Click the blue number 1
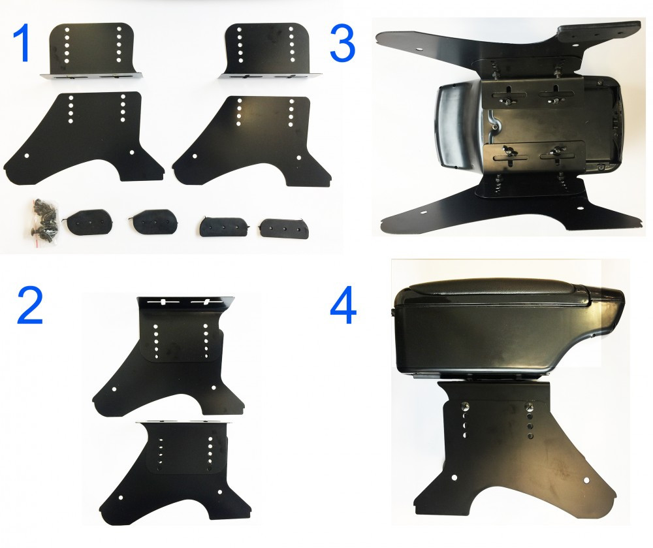click(x=22, y=42)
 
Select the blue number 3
click(x=342, y=43)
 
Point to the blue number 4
click(x=343, y=305)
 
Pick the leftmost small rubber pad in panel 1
click(x=87, y=221)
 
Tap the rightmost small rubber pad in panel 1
click(x=284, y=229)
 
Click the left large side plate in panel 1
click(x=84, y=137)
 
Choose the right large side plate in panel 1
click(x=254, y=140)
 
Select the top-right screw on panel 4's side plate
click(x=530, y=406)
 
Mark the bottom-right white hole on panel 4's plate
click(x=586, y=480)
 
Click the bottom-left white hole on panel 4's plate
click(x=454, y=477)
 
